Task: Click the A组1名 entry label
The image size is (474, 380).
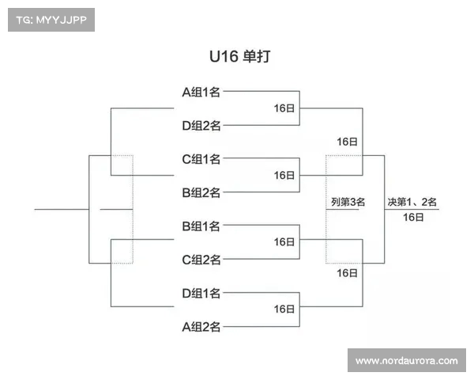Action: point(201,92)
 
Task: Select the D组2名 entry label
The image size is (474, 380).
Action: point(201,125)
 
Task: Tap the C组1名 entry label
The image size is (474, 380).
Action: point(201,159)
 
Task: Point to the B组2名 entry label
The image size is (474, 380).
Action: point(201,192)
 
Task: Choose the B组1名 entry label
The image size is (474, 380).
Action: point(201,226)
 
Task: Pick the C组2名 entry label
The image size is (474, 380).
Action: point(201,260)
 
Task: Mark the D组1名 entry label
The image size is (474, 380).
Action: point(201,294)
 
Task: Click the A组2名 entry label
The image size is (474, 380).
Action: point(201,327)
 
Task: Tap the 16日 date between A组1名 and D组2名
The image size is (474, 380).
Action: point(284,108)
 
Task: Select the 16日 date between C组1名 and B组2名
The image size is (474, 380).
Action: point(284,176)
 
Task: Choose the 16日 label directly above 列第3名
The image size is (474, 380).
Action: point(347,142)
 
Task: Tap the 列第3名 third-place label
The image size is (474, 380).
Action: point(348,203)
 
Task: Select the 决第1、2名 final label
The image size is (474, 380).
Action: point(412,202)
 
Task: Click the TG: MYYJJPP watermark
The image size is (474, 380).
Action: point(51,20)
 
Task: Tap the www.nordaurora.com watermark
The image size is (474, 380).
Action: point(406,361)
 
